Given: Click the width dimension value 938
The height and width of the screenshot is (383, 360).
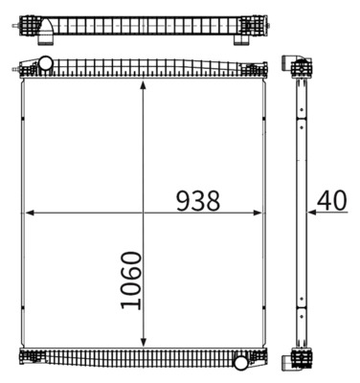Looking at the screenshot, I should point(198,201).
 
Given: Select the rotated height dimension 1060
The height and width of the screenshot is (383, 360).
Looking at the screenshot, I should point(130,281).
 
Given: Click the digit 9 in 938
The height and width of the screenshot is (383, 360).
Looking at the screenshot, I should point(183,201).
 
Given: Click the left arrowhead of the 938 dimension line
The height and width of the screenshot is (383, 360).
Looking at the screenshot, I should point(27,213).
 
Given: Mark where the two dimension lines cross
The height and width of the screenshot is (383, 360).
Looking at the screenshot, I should point(144,213).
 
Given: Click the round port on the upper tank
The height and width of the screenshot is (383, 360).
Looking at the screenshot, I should point(44,64).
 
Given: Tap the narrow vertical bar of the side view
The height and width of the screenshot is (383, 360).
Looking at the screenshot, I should point(299,211).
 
